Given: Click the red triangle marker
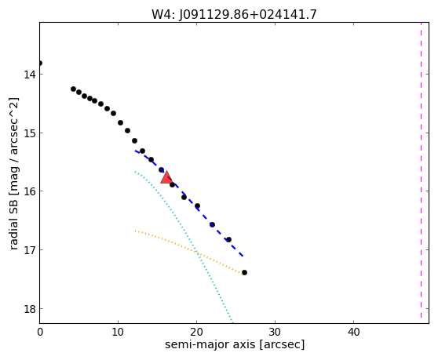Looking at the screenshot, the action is coord(166,178).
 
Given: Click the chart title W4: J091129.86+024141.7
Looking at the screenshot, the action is coord(234,14).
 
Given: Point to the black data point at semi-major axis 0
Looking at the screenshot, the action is coord(40,63).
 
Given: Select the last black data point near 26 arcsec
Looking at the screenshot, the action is coord(244,272).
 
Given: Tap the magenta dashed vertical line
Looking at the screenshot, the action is coord(421,170).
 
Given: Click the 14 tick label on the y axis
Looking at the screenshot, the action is coord(30,75).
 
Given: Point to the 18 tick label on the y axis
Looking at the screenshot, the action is coord(30,309).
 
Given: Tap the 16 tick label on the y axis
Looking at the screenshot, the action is coord(30,191).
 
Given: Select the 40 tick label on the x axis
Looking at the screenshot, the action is coord(354,332).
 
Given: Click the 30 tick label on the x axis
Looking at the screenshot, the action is coord(276,332).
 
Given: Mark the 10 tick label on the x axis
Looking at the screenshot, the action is coord(119,332).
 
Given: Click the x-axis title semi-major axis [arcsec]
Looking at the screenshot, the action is coord(235,344).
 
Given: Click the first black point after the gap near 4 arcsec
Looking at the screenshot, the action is coord(73,89).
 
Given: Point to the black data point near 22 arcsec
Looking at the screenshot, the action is coord(212,224).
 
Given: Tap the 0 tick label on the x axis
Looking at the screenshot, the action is coord(40,332).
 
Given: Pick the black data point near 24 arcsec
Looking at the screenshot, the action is coord(228,239).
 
